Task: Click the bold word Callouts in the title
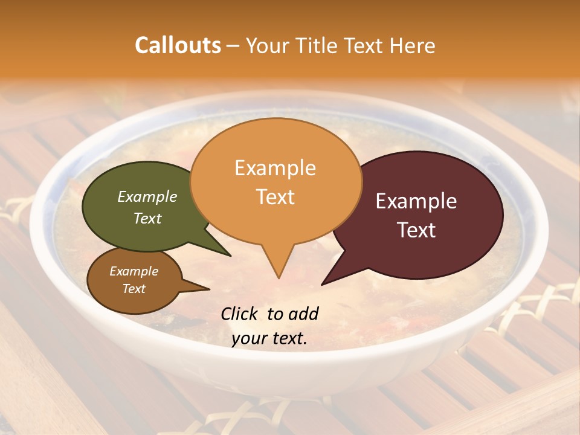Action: point(178,45)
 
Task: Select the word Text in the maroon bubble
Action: point(417,230)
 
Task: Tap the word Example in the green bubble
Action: point(147,196)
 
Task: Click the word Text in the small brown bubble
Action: point(134,289)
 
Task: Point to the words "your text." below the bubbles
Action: point(269,339)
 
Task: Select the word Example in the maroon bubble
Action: point(416,201)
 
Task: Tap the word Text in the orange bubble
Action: point(275,197)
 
